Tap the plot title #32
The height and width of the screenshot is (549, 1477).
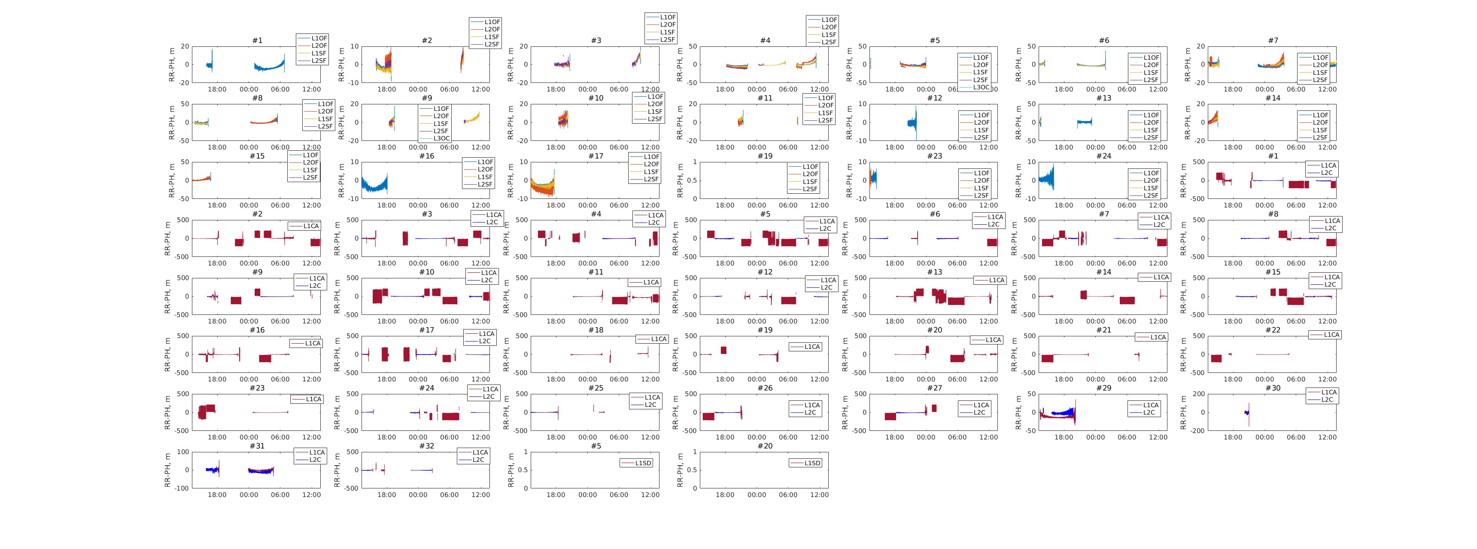[427, 446]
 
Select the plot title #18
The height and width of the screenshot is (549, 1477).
[596, 330]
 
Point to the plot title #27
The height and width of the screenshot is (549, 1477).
[935, 388]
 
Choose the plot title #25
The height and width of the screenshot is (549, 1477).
[596, 388]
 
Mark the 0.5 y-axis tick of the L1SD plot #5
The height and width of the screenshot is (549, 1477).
[523, 470]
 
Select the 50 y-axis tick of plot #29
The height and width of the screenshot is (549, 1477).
[1030, 394]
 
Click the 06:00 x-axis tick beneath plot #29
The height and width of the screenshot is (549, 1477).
[1127, 438]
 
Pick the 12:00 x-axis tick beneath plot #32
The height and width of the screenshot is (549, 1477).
[480, 495]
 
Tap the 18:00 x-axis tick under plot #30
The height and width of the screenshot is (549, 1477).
[1233, 438]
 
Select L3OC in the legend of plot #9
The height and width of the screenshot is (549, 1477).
[441, 138]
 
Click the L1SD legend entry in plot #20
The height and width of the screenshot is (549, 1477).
[812, 464]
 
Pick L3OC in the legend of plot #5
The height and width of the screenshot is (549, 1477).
[981, 87]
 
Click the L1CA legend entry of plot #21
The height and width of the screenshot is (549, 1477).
[1158, 337]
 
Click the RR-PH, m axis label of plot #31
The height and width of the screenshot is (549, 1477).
[168, 470]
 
